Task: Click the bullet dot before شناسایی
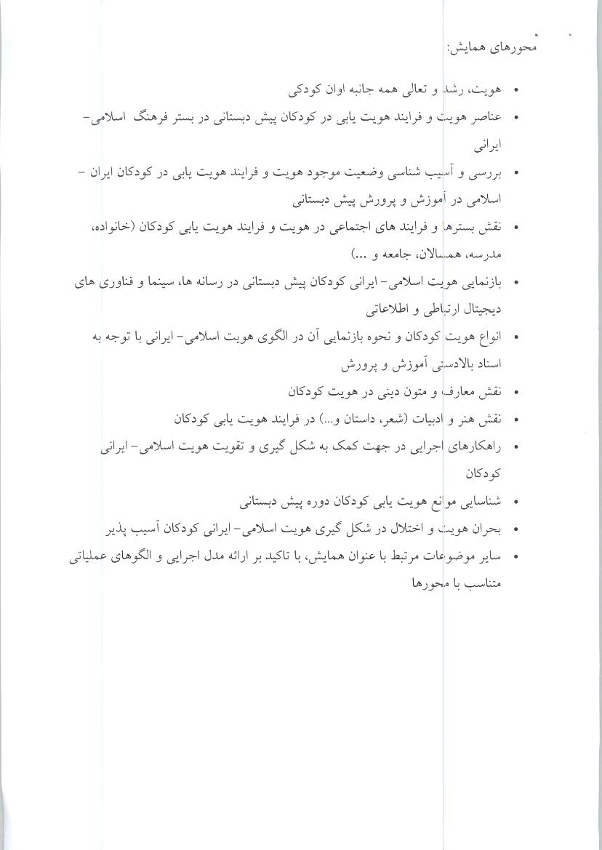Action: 516,502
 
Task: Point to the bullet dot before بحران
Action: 516,529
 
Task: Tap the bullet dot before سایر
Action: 516,557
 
